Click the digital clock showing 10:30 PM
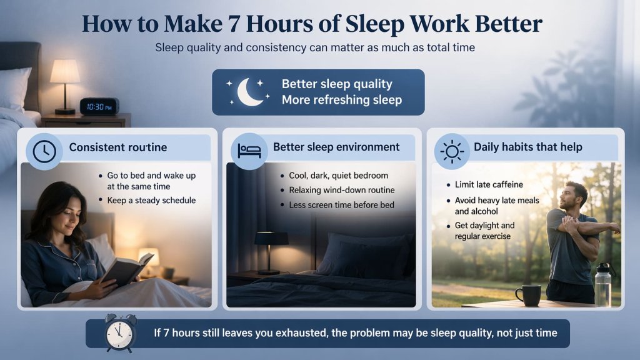(x=99, y=106)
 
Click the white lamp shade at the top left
(x=65, y=72)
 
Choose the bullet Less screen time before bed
(x=341, y=205)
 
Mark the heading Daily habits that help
(x=527, y=147)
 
